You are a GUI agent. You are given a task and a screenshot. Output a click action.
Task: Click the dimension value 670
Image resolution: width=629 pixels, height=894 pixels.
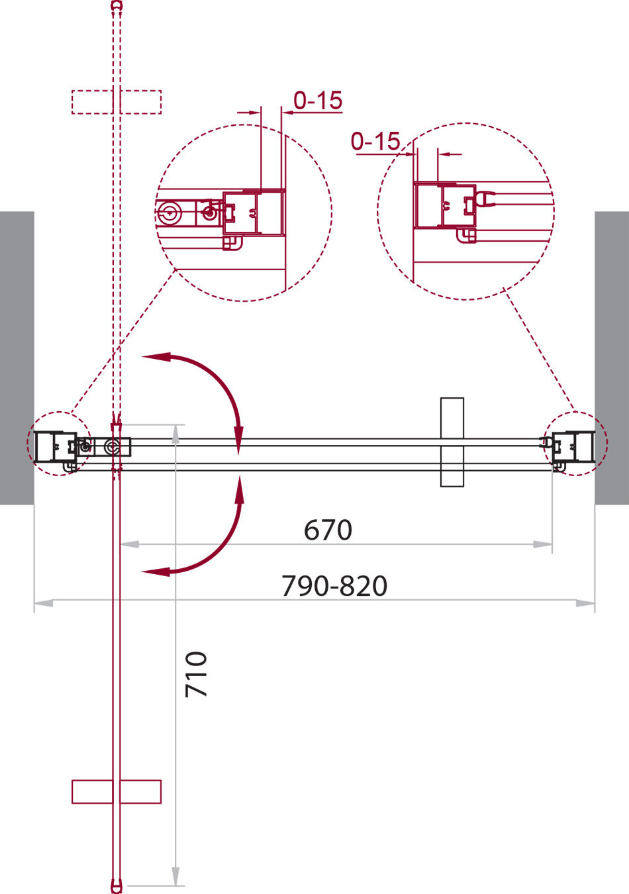328,530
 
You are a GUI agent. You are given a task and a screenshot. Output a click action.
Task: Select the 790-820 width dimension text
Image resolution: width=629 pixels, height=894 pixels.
334,586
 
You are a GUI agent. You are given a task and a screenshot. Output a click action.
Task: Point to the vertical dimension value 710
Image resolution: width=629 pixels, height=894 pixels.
197,673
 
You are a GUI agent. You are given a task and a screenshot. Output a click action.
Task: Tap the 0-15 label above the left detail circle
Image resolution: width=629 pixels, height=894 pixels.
318,101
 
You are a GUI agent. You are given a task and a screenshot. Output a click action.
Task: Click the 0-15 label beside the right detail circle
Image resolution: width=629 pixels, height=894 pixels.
375,141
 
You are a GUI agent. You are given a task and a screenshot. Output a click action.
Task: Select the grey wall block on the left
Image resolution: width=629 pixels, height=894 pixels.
17,358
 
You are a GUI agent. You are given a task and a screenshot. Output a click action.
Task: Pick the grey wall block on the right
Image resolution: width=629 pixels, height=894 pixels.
612,358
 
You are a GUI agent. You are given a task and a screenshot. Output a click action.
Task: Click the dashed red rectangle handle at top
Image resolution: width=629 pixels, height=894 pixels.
117,102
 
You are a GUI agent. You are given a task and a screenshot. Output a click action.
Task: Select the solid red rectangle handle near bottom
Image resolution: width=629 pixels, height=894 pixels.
117,791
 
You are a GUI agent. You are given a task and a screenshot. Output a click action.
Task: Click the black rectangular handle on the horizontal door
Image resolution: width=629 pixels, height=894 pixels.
452,442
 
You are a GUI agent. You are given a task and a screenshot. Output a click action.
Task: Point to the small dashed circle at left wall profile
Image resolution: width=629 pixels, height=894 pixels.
58,443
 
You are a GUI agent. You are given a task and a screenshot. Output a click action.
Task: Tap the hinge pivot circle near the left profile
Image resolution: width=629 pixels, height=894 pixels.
117,448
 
